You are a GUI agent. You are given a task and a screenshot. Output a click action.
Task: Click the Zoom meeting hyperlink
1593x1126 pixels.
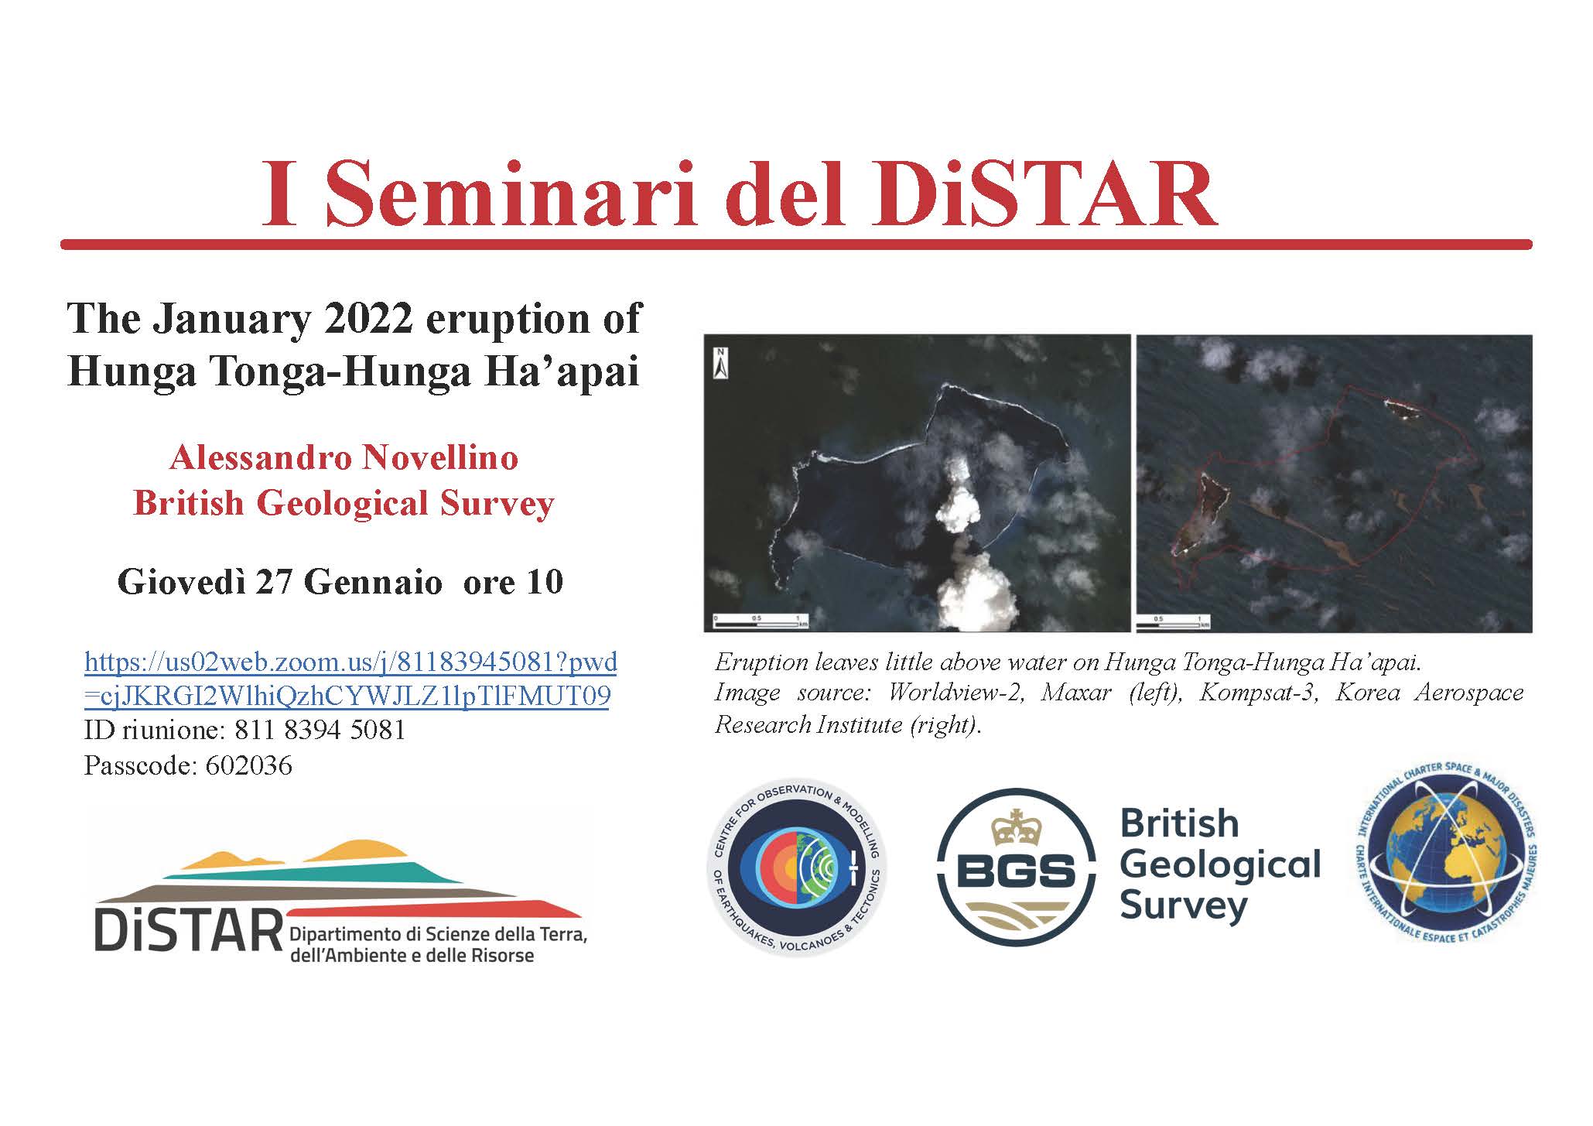[350, 679]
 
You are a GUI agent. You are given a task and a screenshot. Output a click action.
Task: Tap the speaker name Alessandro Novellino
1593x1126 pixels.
[344, 458]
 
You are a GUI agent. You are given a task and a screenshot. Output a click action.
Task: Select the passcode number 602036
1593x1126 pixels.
[248, 766]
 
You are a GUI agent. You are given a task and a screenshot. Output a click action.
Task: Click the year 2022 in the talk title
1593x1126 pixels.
[369, 319]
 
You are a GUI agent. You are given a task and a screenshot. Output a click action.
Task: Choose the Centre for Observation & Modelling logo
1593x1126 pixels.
[797, 867]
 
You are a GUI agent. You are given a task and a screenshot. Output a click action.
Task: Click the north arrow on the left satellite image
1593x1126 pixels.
[720, 363]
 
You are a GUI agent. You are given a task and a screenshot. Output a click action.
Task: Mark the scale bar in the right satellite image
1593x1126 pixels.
[1172, 621]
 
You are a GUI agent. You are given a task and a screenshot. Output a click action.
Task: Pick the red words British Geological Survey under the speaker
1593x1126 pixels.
[344, 504]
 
